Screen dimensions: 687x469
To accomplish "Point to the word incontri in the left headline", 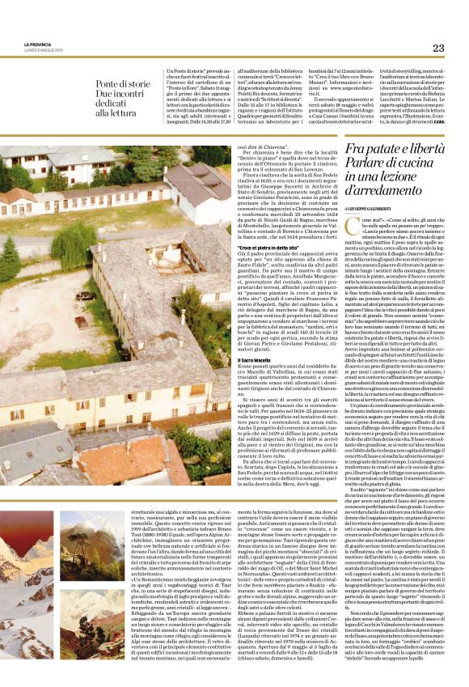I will [133, 95].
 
